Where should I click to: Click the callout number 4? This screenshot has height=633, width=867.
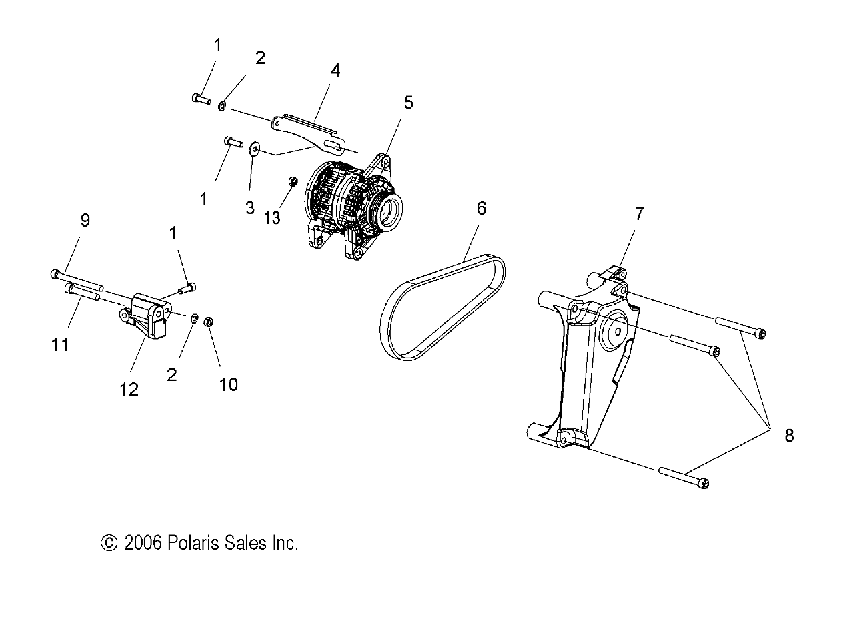click(x=335, y=70)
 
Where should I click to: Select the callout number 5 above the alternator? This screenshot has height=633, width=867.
click(x=408, y=102)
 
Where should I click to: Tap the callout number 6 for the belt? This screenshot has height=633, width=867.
click(x=482, y=208)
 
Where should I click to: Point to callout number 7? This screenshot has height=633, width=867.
click(x=639, y=214)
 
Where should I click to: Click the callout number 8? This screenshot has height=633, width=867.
click(x=789, y=436)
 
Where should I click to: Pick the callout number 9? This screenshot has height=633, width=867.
click(x=85, y=220)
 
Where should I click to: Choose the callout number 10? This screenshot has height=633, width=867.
click(x=228, y=384)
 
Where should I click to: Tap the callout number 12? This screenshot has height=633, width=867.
click(x=129, y=389)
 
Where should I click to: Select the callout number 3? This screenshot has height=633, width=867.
click(x=250, y=207)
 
